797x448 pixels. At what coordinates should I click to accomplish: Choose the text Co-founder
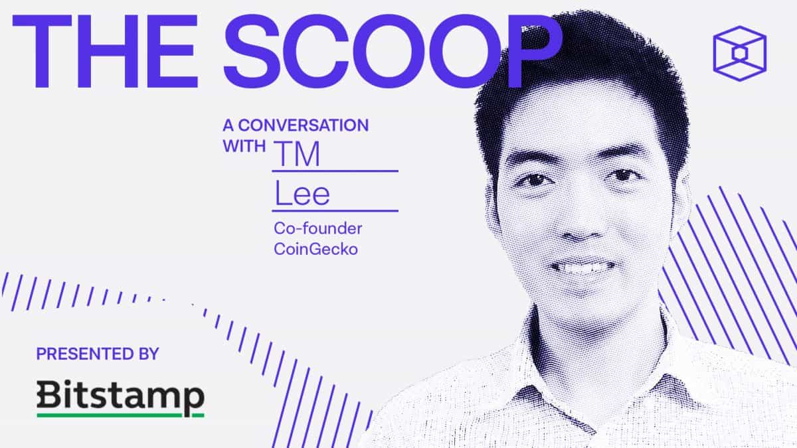[x=317, y=229]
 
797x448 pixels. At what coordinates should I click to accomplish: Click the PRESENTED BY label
[x=98, y=353]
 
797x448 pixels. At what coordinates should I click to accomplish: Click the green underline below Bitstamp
[x=120, y=415]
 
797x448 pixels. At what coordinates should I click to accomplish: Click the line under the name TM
[x=335, y=171]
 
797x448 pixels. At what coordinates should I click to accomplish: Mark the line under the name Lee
[x=335, y=211]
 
